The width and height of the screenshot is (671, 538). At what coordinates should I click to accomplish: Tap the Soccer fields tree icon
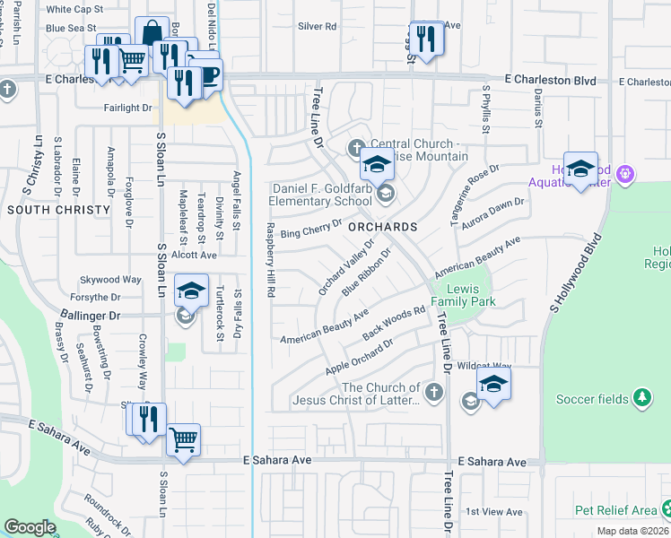(640, 396)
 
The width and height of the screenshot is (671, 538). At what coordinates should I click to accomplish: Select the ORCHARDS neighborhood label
(383, 227)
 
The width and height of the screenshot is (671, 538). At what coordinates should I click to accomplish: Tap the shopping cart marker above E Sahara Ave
(183, 439)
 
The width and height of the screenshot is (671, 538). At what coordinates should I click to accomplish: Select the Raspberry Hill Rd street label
(268, 260)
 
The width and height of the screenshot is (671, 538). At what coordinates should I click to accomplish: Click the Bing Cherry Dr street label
(311, 230)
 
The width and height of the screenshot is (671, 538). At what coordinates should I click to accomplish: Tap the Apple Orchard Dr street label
(360, 357)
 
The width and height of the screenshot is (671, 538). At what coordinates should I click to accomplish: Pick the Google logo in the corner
(30, 526)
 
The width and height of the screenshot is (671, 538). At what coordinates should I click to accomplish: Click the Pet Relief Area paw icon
(667, 508)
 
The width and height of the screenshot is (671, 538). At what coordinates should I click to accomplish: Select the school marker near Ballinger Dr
(191, 291)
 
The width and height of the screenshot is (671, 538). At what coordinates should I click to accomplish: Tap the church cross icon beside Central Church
(356, 146)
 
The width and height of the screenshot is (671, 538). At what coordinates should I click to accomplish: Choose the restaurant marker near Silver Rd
(426, 38)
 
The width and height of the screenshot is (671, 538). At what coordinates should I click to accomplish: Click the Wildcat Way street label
(484, 366)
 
